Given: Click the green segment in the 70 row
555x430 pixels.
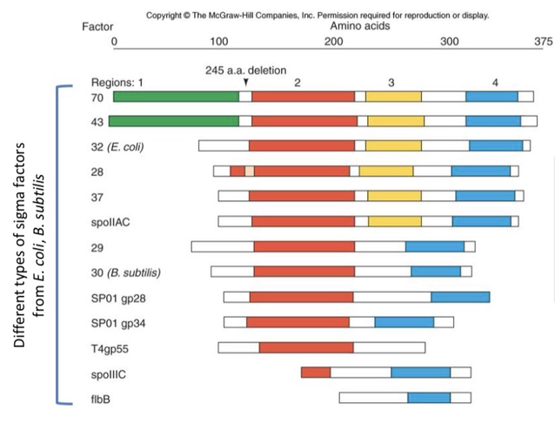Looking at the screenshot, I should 176,97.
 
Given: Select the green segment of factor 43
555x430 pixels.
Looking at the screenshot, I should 176,121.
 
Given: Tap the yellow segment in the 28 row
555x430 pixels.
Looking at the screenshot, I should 386,171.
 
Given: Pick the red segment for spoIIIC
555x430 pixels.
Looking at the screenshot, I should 316,373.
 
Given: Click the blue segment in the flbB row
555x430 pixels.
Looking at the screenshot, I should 429,398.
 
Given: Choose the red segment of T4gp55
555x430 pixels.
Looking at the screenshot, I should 306,348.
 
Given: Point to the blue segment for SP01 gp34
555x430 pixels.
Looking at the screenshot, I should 404,322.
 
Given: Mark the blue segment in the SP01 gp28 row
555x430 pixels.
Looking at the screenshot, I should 460,297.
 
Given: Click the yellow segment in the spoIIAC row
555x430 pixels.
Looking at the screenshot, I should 394,221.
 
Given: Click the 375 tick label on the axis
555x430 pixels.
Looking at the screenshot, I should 543,40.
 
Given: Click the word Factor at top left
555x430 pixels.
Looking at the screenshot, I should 97,27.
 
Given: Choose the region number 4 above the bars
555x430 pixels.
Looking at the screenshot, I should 494,82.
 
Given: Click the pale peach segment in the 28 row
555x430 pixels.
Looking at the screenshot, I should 250,171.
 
